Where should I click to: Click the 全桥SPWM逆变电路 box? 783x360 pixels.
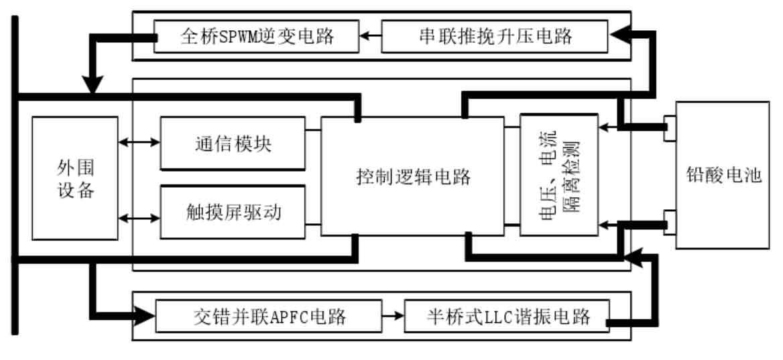(255, 36)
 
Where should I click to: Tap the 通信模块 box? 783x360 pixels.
(233, 143)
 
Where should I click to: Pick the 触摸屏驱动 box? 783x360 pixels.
(233, 212)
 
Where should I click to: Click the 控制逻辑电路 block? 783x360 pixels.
(412, 176)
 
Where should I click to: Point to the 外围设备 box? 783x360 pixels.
(75, 178)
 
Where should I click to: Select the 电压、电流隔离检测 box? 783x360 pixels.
(559, 174)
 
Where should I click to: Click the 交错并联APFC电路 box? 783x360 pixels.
(269, 316)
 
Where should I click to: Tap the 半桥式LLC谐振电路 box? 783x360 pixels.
(507, 316)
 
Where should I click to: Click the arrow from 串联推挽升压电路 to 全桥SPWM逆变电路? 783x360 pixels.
(371, 36)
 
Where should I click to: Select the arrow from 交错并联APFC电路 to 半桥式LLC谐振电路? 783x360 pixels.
(393, 316)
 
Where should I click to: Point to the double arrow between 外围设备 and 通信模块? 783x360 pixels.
(139, 143)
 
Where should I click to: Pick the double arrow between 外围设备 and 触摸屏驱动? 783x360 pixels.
(139, 218)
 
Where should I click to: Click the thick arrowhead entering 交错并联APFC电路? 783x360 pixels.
(144, 316)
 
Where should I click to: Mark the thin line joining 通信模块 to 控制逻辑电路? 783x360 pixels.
(313, 130)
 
